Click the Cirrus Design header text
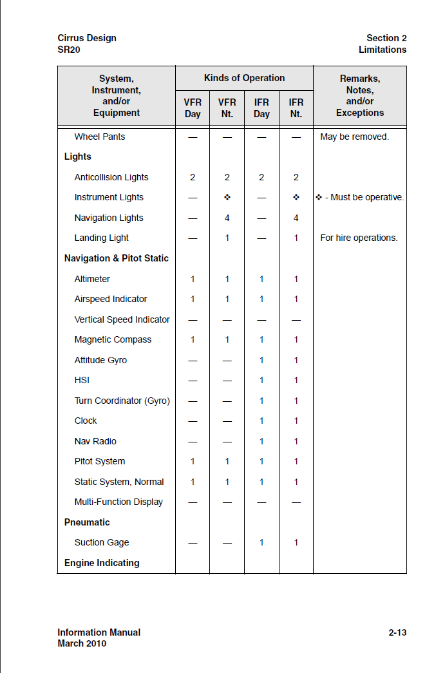(x=87, y=38)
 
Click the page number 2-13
(x=397, y=632)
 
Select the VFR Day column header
(x=193, y=108)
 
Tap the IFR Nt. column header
(x=296, y=108)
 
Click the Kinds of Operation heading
(x=244, y=78)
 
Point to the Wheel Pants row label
(x=100, y=137)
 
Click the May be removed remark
(x=354, y=137)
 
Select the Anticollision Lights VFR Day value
(x=193, y=177)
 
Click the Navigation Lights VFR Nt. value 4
(x=227, y=218)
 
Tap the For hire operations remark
(x=359, y=238)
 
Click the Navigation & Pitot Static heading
(x=117, y=258)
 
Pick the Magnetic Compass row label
(x=113, y=339)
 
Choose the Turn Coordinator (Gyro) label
(x=122, y=401)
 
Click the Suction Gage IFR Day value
(x=261, y=542)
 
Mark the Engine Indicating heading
(x=102, y=563)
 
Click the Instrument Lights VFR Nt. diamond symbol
(x=227, y=197)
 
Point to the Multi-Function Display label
(x=118, y=502)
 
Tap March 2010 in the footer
(x=82, y=643)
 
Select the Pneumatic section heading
(x=87, y=522)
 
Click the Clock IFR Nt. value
(x=296, y=421)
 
